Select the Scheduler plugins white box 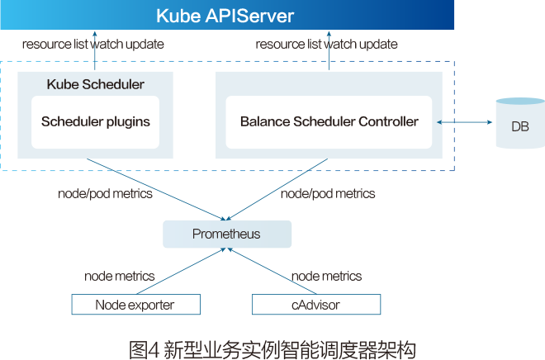(x=96, y=121)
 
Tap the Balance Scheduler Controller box (x=329, y=121)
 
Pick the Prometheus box (x=227, y=234)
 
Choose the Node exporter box (x=135, y=305)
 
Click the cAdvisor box (x=315, y=305)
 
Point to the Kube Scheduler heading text (x=96, y=84)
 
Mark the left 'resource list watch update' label (x=92, y=44)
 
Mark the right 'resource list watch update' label (x=326, y=44)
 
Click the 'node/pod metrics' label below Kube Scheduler (x=106, y=194)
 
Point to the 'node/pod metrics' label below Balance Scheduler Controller (x=328, y=194)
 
